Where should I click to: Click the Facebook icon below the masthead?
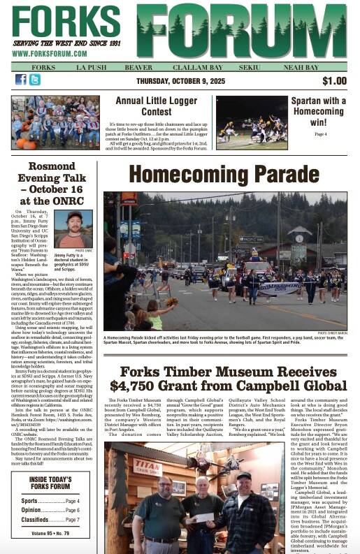(x=20, y=80)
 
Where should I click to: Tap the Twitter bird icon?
(x=34, y=80)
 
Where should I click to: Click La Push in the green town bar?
(x=90, y=67)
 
